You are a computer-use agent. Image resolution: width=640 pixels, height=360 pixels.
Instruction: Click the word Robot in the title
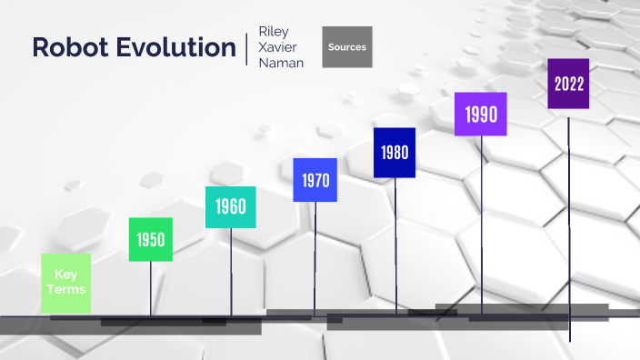click(72, 48)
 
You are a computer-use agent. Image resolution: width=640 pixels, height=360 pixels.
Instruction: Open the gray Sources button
click(347, 47)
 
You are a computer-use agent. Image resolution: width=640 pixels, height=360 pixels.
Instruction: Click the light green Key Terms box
click(66, 283)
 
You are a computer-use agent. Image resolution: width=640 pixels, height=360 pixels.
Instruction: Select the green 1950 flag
click(151, 240)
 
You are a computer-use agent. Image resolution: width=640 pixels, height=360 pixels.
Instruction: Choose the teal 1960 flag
click(231, 207)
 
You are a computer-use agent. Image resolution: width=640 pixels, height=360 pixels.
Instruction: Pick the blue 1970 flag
click(315, 180)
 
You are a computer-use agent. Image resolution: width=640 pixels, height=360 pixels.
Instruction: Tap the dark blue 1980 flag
click(395, 152)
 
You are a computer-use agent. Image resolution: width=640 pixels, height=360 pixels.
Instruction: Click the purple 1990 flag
click(481, 115)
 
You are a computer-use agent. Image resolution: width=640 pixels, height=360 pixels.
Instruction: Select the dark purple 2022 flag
click(568, 84)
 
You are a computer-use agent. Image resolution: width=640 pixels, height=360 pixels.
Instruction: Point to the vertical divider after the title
click(246, 48)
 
